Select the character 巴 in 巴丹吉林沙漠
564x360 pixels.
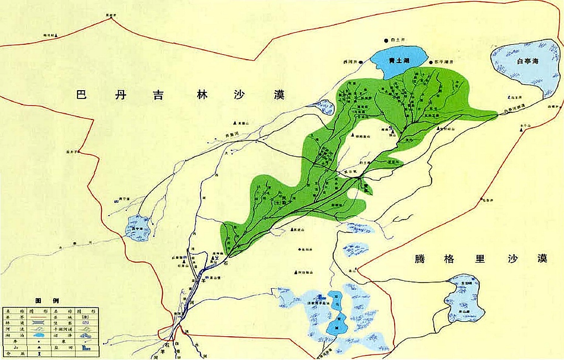pyautogui.click(x=82, y=95)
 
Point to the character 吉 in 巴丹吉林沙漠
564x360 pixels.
pyautogui.click(x=162, y=95)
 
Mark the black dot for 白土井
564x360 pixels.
pyautogui.click(x=386, y=40)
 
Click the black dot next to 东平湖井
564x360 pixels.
pyautogui.click(x=430, y=62)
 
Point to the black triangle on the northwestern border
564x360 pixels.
pyautogui.click(x=55, y=36)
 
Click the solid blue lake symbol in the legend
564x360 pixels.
pyautogui.click(x=37, y=334)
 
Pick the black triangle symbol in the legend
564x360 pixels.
pyautogui.click(x=37, y=342)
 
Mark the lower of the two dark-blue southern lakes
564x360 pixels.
pyautogui.click(x=338, y=324)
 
